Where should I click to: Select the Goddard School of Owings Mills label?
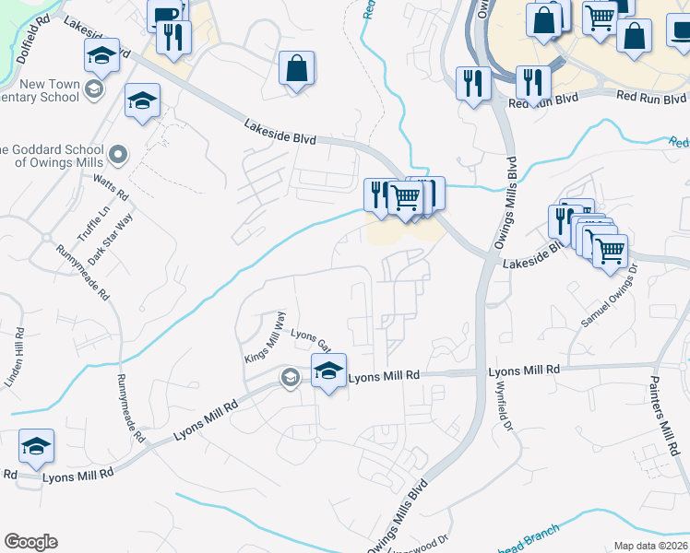tap(51, 156)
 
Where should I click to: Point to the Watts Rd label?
tap(114, 183)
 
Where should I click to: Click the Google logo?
tap(30, 542)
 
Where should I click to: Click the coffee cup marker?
tap(165, 16)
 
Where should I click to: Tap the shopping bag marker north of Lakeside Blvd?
tap(297, 68)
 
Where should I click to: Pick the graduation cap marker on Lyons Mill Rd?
tap(327, 371)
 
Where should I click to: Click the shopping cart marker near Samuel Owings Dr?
tap(609, 250)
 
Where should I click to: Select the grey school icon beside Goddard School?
tap(118, 152)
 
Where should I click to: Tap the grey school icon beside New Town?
tap(92, 89)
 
